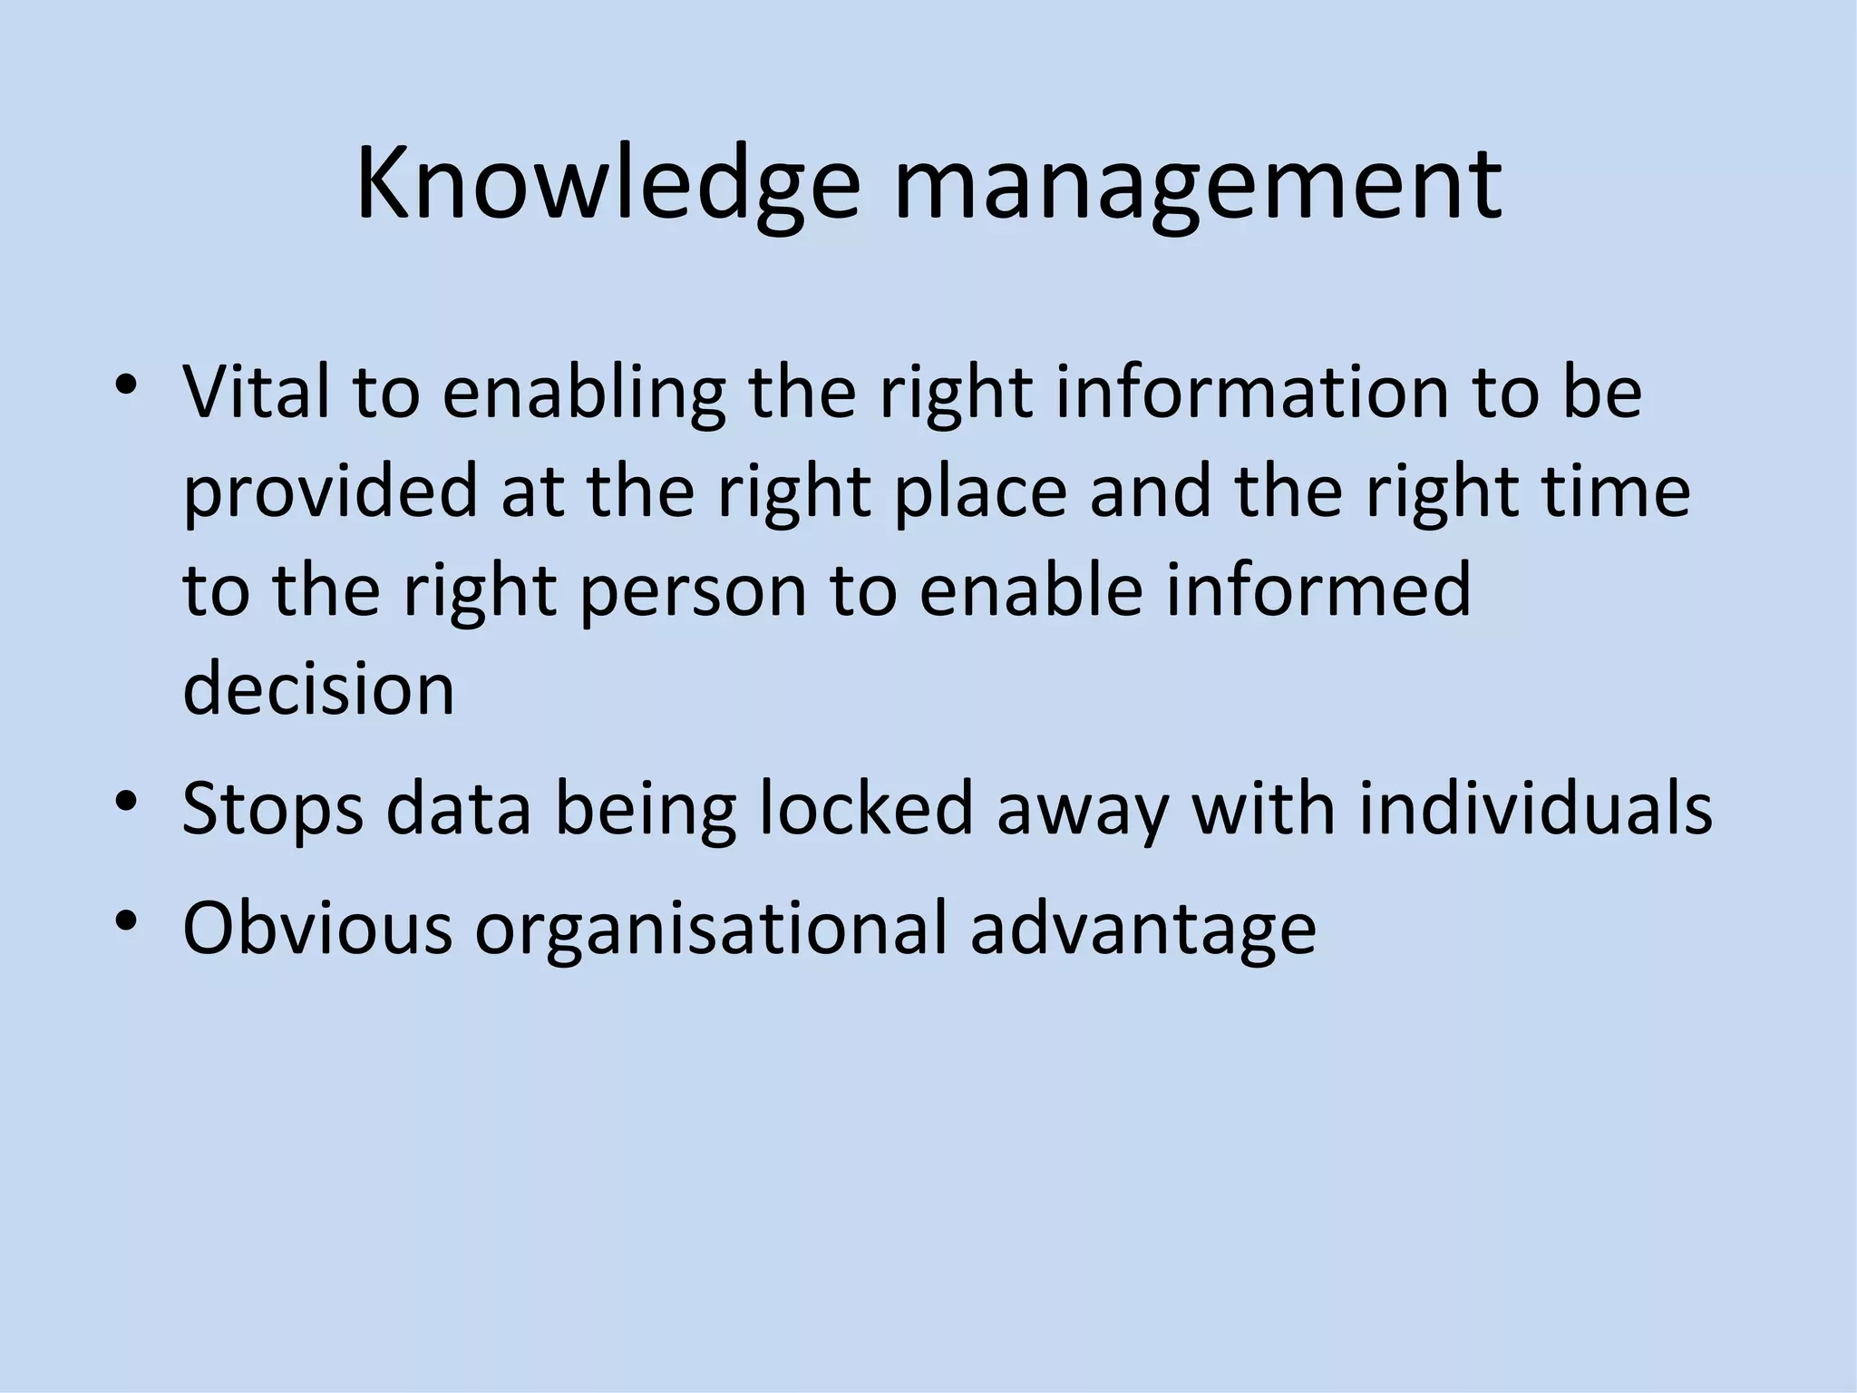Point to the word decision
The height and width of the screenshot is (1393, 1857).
[318, 687]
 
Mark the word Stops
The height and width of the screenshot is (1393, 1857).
[272, 809]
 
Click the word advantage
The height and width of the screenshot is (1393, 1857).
[1142, 930]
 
